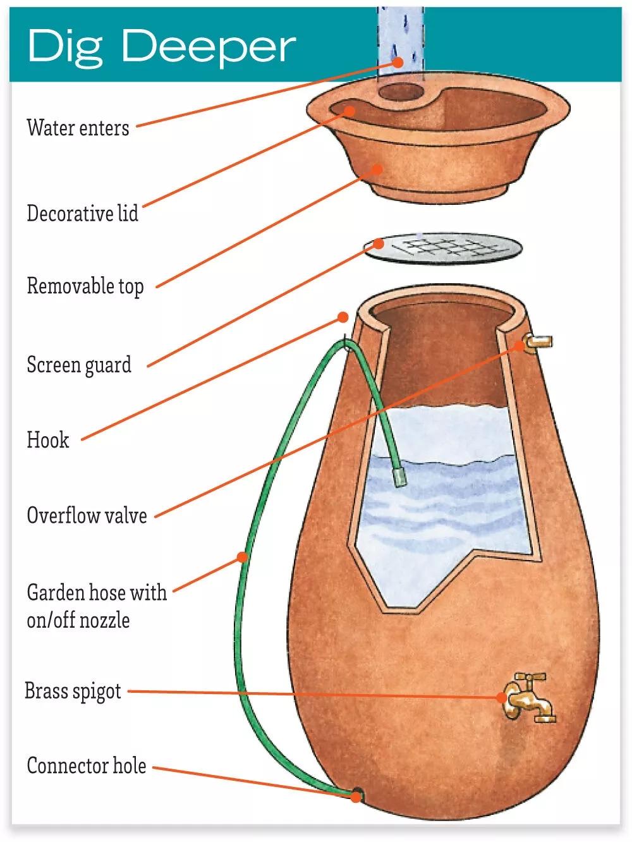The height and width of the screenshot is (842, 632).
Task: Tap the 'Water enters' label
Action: [78, 128]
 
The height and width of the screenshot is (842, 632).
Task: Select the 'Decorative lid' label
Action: [82, 213]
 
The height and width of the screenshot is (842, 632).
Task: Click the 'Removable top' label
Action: [85, 286]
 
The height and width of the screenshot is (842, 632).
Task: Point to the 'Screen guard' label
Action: [79, 365]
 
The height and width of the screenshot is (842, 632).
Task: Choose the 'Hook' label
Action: [47, 439]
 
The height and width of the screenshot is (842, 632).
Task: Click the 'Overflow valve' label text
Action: [87, 515]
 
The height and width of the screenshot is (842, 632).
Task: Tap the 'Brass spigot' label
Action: [73, 691]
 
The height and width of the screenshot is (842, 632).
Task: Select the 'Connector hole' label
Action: [86, 766]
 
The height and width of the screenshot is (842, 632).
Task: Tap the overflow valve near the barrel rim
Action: [538, 343]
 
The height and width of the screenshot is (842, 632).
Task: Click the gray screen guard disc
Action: [444, 249]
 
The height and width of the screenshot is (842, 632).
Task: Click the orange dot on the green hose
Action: [242, 557]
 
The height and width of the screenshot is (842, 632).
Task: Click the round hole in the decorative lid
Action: [401, 94]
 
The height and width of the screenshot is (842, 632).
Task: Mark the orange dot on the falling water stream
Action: [397, 62]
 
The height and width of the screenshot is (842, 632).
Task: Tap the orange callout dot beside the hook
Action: [343, 317]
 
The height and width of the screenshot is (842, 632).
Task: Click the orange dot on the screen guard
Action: [379, 244]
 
